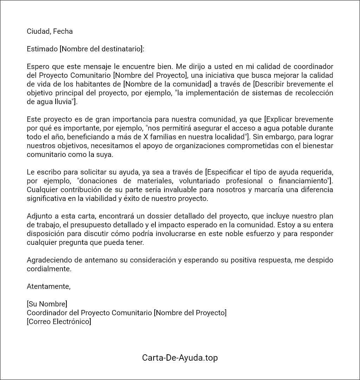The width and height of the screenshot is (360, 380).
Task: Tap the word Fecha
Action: (63, 31)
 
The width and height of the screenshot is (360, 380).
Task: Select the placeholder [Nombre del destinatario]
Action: (102, 49)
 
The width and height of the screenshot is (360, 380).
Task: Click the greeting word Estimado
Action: (42, 49)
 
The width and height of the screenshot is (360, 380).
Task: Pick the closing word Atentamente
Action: (48, 286)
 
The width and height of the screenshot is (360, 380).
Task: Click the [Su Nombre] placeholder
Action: (47, 304)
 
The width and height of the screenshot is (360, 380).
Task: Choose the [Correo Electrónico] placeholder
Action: (59, 322)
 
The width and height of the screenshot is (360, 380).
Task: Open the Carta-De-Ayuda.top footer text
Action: (180, 358)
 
